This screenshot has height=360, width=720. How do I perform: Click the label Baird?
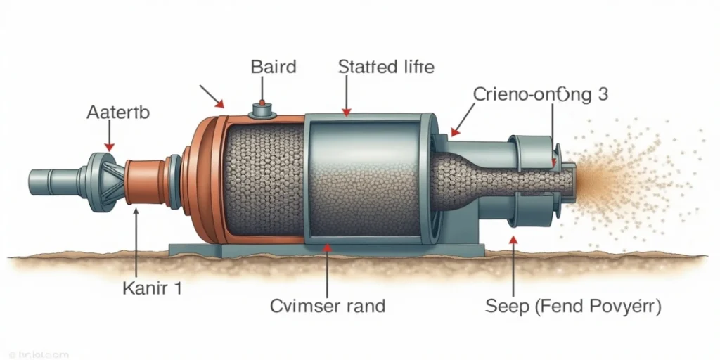coord(274,67)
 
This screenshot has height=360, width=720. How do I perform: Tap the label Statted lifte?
coord(386,67)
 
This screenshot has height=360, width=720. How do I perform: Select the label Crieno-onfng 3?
coord(540,94)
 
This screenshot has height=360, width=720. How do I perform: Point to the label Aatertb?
coord(117,112)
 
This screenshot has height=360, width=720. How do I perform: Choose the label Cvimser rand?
coord(328,306)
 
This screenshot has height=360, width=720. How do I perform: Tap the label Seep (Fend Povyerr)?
coord(573,306)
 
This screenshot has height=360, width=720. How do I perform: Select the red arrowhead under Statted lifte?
coord(345,112)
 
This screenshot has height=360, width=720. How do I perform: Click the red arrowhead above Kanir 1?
coord(134,209)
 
